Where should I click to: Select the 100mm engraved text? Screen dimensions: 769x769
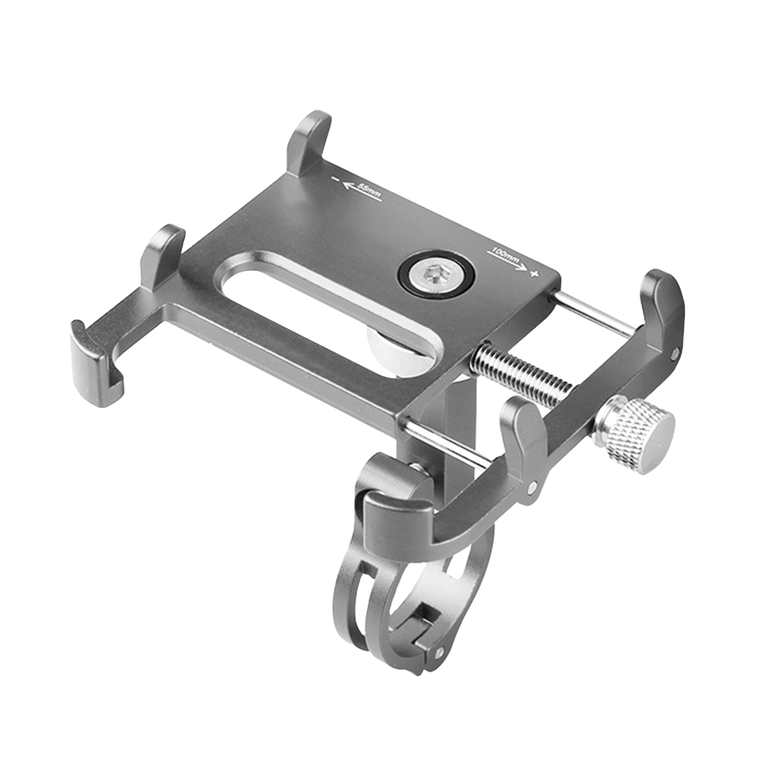click(x=506, y=256)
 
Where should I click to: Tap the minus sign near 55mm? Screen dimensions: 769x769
click(x=337, y=180)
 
